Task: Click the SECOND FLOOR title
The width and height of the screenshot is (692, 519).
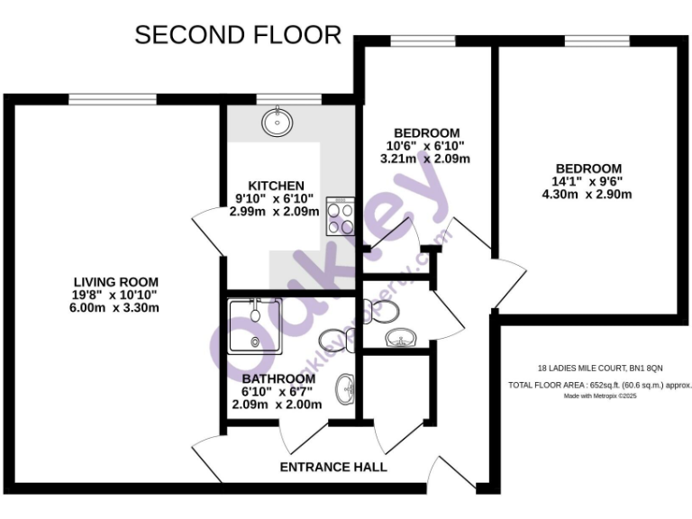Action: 238,35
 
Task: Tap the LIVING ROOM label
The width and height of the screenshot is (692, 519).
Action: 116,280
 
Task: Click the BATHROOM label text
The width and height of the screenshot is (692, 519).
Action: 277,378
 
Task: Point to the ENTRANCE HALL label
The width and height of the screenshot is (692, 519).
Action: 333,467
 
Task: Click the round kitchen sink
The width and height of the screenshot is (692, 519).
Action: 277,122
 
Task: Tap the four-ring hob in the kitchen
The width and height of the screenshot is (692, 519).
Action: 341,217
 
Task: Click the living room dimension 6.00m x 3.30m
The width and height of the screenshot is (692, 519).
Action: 116,307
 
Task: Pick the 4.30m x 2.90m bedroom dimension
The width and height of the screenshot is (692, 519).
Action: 587,195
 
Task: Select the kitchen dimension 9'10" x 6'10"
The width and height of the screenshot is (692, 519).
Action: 274,199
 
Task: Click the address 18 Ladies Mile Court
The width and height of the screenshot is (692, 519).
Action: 599,368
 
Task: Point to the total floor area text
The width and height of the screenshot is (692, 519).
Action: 599,385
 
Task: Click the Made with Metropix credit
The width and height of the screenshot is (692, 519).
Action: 599,396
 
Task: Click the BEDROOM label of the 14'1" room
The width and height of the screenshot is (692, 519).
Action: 587,168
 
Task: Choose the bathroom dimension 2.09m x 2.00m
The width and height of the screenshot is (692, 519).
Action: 277,405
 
